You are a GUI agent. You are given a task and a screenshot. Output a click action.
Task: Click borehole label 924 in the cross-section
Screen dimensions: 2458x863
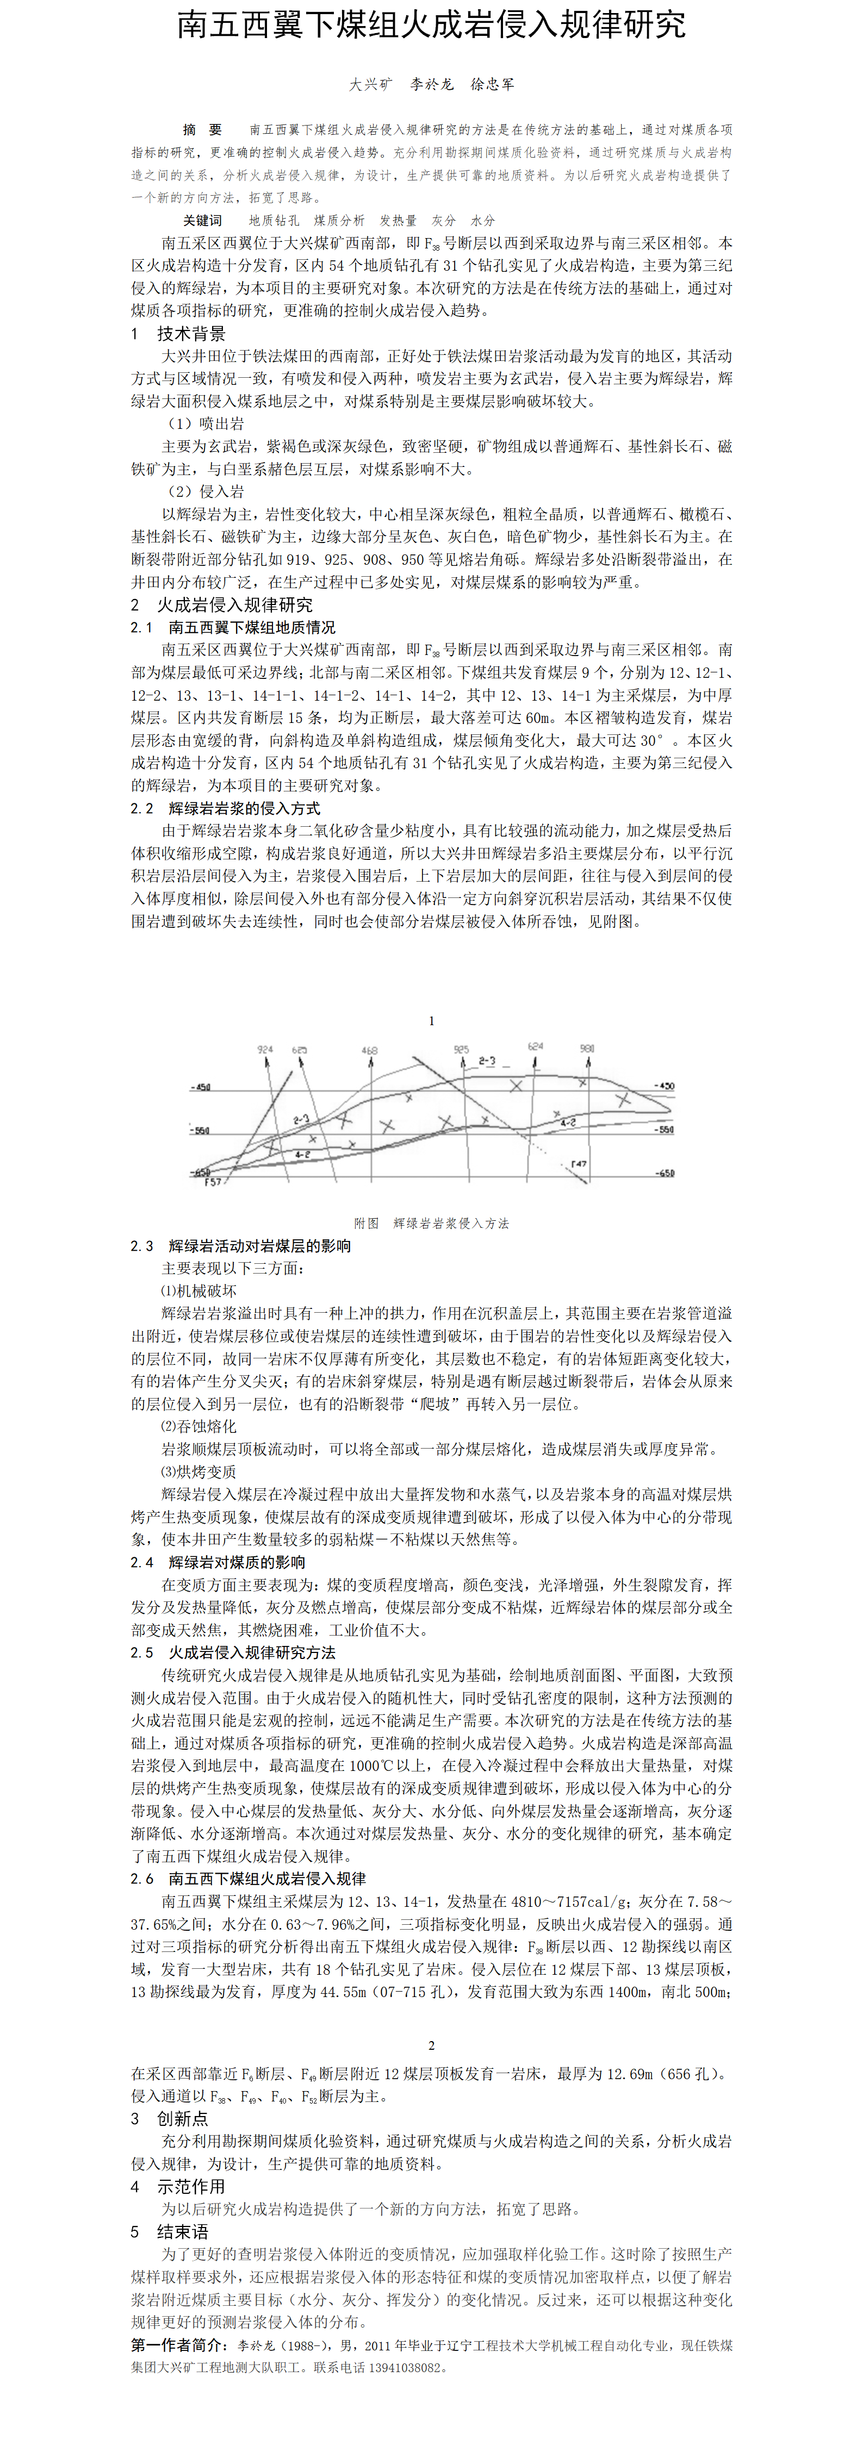click(265, 1050)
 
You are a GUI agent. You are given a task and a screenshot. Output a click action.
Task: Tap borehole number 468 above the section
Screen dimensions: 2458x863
click(369, 1051)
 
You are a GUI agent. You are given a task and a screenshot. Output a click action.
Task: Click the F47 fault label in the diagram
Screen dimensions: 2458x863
click(579, 1163)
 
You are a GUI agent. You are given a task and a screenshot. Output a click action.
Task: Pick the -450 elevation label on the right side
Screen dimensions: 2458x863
click(665, 1086)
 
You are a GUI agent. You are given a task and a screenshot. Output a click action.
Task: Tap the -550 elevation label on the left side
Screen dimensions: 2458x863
click(201, 1131)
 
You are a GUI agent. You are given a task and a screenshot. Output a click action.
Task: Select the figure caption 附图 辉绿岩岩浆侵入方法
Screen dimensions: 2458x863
click(432, 1223)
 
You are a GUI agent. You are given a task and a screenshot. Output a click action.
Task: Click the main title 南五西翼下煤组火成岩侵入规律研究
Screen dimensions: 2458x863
click(432, 25)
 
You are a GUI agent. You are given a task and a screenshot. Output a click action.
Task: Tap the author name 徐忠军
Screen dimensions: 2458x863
click(493, 84)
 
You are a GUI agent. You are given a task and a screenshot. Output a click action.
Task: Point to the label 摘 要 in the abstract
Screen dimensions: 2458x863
click(202, 130)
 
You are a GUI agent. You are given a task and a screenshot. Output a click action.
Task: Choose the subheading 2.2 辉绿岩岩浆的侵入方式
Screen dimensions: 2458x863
click(225, 808)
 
